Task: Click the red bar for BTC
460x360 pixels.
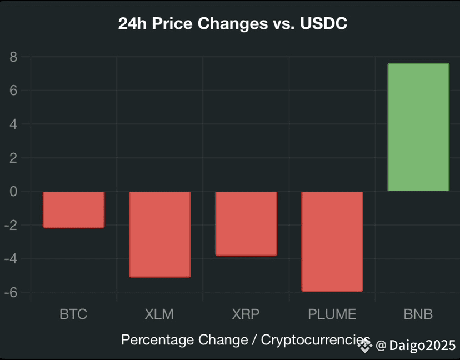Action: click(x=73, y=209)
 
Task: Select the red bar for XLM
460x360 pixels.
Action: click(x=159, y=234)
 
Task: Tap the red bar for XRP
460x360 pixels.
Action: click(x=246, y=223)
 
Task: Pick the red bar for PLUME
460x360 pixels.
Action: click(x=332, y=241)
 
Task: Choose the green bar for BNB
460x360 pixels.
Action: click(x=418, y=127)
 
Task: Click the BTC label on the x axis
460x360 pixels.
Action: click(x=73, y=314)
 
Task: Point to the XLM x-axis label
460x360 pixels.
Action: click(x=159, y=314)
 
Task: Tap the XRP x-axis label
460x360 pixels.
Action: click(x=246, y=314)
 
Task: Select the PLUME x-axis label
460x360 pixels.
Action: click(x=332, y=314)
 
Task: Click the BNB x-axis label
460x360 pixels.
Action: click(x=418, y=314)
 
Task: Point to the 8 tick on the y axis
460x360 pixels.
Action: click(x=14, y=57)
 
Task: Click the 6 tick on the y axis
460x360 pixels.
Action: click(x=14, y=91)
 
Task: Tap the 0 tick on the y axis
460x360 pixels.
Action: click(x=14, y=192)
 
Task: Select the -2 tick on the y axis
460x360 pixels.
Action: click(x=12, y=226)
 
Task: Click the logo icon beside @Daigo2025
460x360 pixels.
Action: click(x=364, y=346)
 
